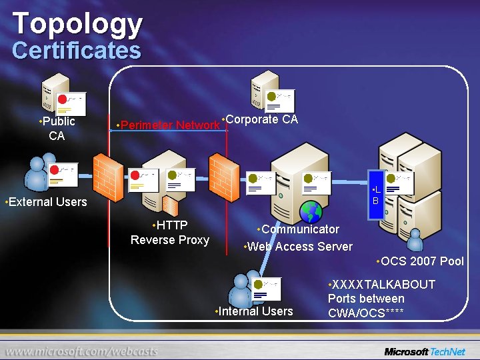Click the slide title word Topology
pyautogui.click(x=77, y=23)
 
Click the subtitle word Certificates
pyautogui.click(x=77, y=51)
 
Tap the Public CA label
pyautogui.click(x=57, y=129)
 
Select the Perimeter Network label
pyautogui.click(x=170, y=125)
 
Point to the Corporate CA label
pyautogui.click(x=261, y=119)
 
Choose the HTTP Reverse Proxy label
pyautogui.click(x=170, y=233)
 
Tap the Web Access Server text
pyautogui.click(x=300, y=246)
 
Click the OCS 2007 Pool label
pyautogui.click(x=421, y=261)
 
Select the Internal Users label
pyautogui.click(x=255, y=311)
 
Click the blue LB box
pyautogui.click(x=376, y=195)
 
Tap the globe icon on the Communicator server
pyautogui.click(x=311, y=211)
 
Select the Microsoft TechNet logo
pyautogui.click(x=425, y=351)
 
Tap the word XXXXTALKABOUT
pyautogui.click(x=383, y=284)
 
